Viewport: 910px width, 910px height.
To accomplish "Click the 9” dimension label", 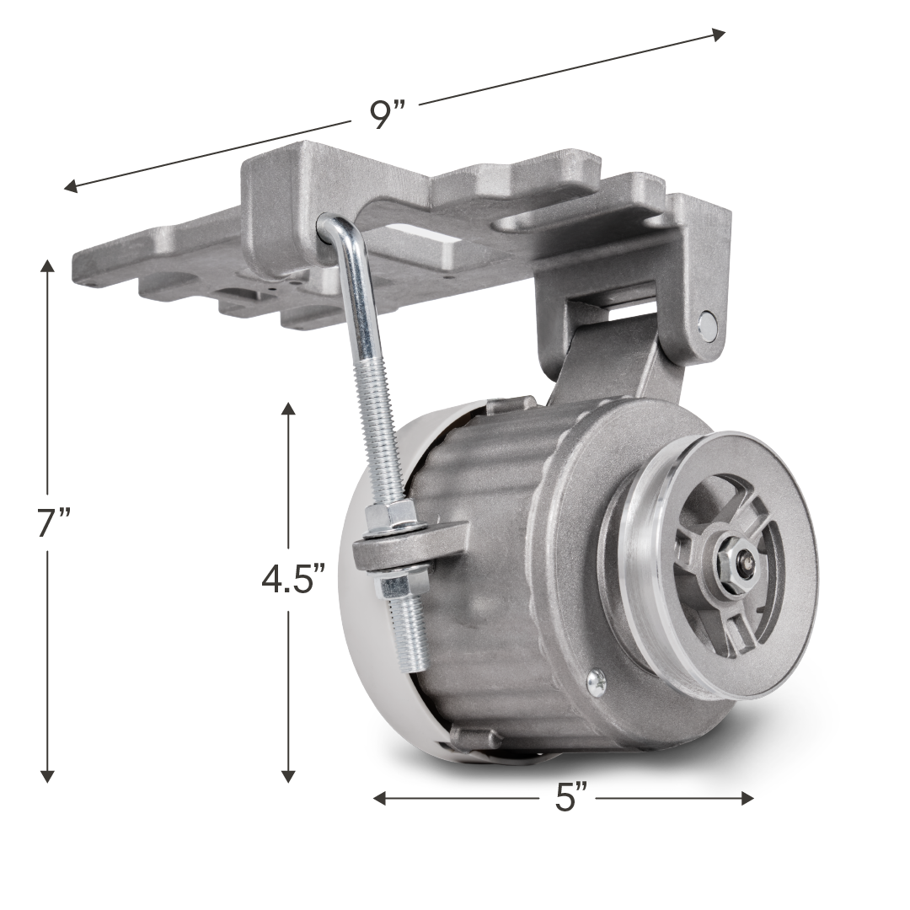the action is point(387,115).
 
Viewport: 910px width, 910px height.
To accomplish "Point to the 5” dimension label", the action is point(571,797).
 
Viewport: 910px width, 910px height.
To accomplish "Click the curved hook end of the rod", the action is point(335,229).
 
